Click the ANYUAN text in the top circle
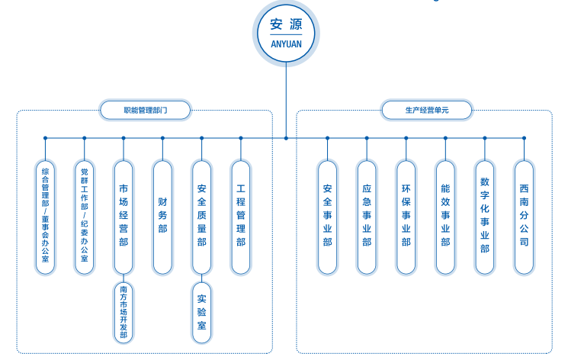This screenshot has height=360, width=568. click(x=286, y=43)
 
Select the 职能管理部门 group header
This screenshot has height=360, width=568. click(x=145, y=111)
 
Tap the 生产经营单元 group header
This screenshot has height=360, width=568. click(x=427, y=111)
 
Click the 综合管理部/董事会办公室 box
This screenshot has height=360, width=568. click(x=46, y=217)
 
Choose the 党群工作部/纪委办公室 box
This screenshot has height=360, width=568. click(x=85, y=217)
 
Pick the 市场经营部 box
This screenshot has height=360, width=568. click(x=124, y=217)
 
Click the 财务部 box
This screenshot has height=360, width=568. click(x=162, y=217)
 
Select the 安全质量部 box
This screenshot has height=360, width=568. click(x=201, y=217)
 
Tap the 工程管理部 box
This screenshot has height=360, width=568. click(x=241, y=217)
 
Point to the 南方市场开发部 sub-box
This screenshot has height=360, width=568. click(x=124, y=312)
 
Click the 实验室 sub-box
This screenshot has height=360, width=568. click(x=201, y=312)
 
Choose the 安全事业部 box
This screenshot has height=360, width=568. click(x=327, y=217)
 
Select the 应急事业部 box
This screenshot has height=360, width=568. click(x=367, y=217)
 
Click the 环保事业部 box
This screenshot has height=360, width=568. click(x=406, y=217)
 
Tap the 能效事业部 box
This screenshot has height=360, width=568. click(x=445, y=217)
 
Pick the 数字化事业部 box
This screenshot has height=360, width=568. click(x=485, y=217)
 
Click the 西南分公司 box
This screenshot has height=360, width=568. click(x=524, y=217)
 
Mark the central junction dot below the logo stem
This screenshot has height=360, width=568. click(x=286, y=138)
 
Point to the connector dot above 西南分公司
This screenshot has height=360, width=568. click(x=524, y=138)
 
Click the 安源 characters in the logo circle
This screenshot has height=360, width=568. click(x=286, y=24)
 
